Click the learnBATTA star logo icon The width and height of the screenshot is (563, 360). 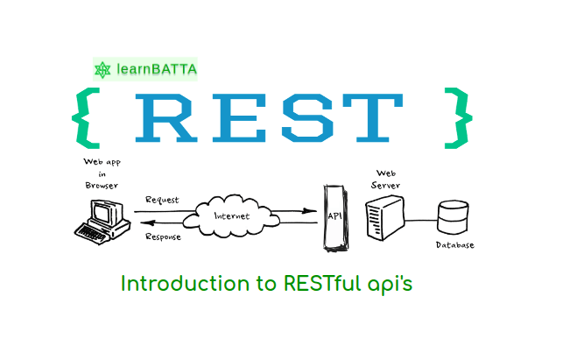point(102,70)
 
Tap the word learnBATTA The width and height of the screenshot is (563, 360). point(157,69)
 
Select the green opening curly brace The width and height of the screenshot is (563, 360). point(86,118)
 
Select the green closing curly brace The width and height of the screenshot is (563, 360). point(459,118)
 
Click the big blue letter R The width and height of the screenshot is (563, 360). point(166,118)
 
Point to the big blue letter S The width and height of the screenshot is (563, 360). point(307,118)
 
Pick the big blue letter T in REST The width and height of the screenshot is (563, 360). point(373,118)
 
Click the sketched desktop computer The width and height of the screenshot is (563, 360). point(102,222)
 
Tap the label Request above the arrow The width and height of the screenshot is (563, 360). point(162,200)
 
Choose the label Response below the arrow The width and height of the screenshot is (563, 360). point(163,236)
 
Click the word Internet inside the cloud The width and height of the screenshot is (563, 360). point(231,216)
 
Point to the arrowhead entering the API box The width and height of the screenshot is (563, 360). point(309,211)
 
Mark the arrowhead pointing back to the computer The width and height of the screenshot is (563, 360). point(147,223)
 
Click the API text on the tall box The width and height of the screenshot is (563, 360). point(335,216)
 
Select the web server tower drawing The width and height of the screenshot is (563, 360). point(385,218)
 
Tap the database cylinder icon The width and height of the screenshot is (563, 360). point(453,217)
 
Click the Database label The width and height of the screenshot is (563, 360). point(455,245)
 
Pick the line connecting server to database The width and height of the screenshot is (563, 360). point(421,221)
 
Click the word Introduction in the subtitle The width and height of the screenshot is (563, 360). point(185,284)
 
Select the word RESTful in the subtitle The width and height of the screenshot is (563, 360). point(322,284)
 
